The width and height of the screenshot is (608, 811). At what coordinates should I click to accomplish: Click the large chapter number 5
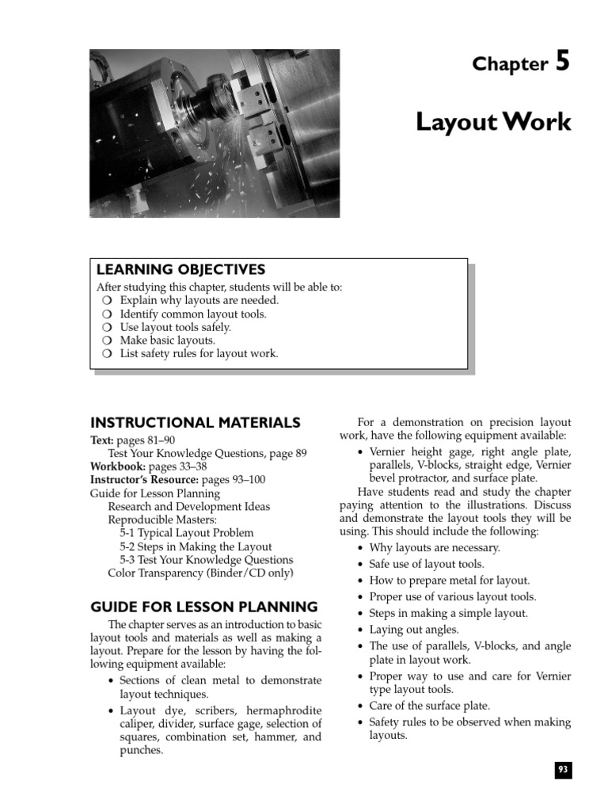pos(561,62)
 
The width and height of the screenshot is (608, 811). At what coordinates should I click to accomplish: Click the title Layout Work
pos(493,122)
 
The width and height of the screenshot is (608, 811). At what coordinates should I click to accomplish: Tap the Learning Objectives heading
pos(180,270)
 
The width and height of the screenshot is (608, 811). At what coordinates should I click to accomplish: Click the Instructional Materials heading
pos(196,423)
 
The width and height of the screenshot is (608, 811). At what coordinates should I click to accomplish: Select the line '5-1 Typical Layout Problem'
pos(187,533)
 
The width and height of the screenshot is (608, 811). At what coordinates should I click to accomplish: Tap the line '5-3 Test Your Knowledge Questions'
pos(206,560)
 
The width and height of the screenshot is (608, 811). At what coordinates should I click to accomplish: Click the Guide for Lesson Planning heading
pos(203,607)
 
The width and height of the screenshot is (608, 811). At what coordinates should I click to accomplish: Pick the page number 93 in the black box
pos(563,770)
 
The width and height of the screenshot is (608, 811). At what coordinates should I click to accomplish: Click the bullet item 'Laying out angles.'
pos(420,630)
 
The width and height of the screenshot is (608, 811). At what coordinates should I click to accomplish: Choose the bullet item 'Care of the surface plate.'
pos(429,706)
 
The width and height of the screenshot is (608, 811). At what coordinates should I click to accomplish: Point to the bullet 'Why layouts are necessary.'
pos(435,547)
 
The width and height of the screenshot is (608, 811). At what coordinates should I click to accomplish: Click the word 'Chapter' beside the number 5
pos(510,65)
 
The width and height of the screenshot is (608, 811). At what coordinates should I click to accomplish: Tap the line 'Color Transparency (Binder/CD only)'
pos(200,573)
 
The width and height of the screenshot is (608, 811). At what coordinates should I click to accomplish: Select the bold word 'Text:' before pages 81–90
pos(102,440)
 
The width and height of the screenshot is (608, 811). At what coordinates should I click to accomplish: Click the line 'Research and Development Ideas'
pos(188,506)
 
